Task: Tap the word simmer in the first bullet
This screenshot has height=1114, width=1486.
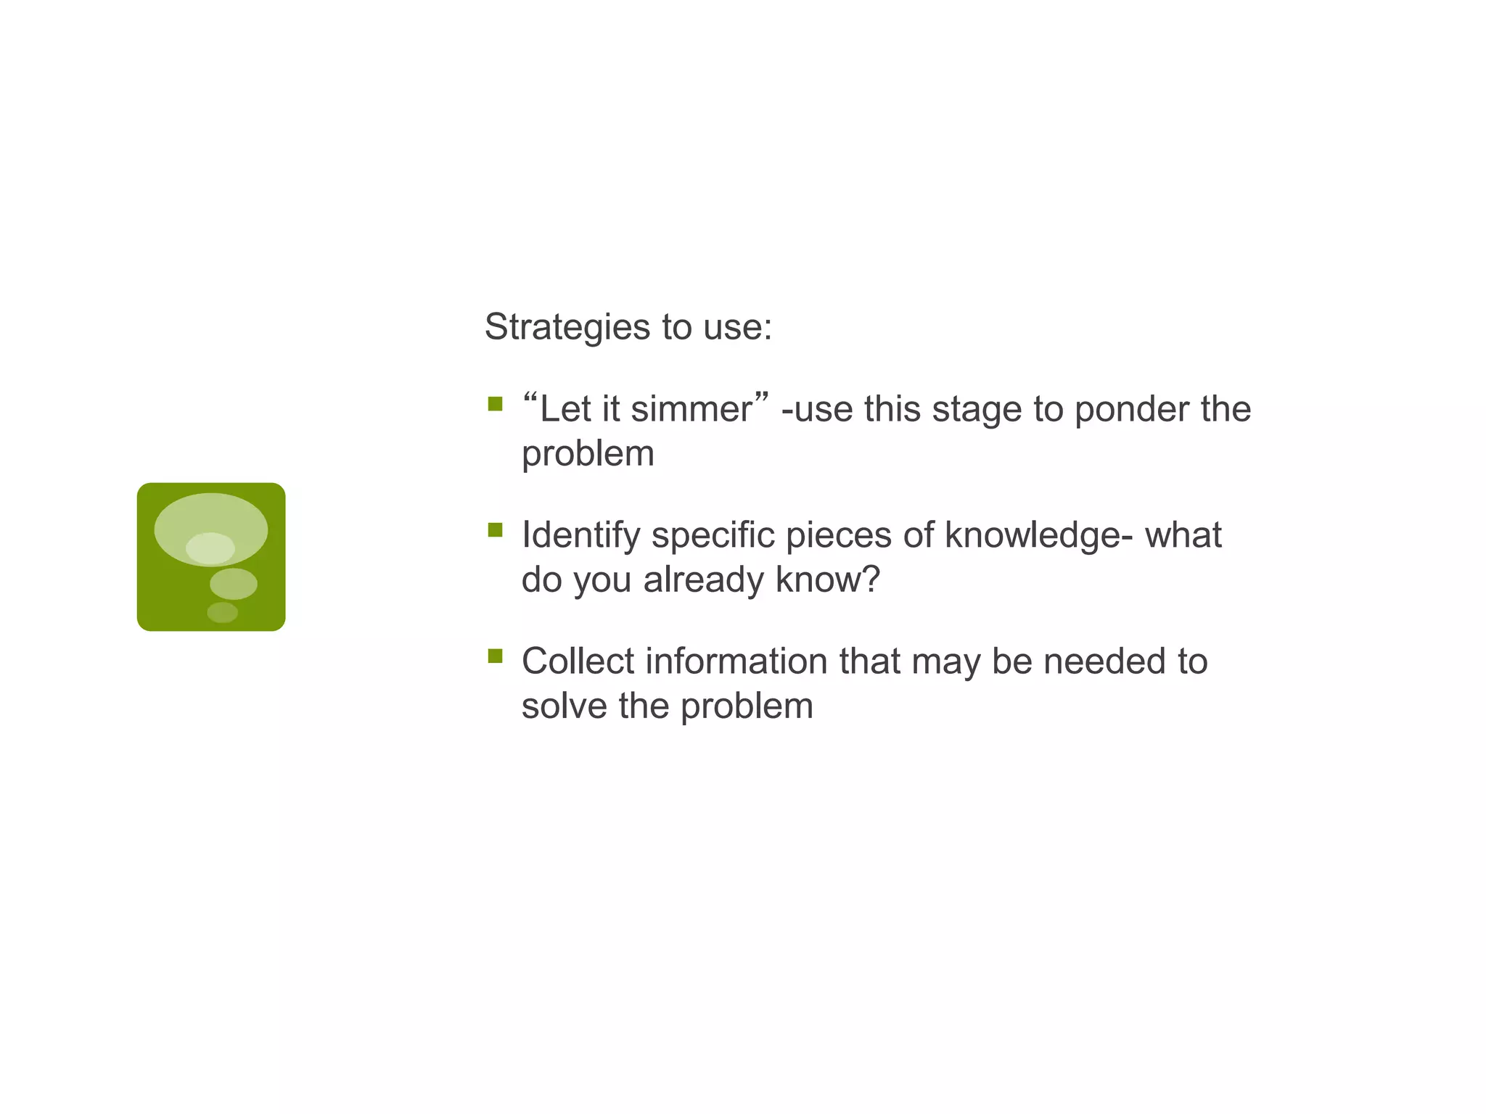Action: (x=691, y=409)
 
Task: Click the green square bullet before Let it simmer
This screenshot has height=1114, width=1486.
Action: (x=496, y=404)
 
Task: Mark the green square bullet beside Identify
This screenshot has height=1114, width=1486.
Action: (x=496, y=530)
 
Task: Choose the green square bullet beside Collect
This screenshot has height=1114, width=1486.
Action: (x=496, y=656)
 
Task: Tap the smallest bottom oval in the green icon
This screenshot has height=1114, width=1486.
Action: (x=222, y=613)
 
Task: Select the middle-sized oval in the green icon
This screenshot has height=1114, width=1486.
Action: (x=234, y=584)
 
